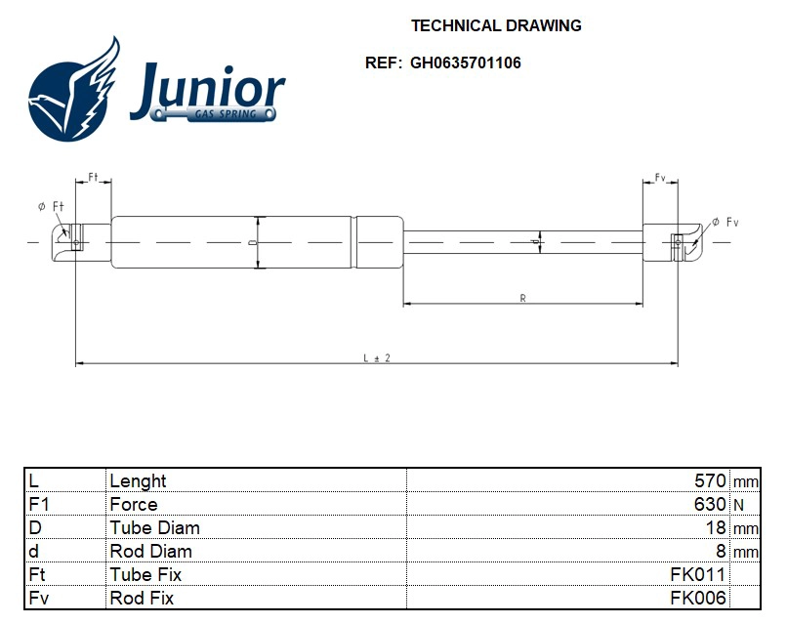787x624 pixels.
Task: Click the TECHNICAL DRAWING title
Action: point(496,26)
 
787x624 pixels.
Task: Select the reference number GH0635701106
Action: point(465,62)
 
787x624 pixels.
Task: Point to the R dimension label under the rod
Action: point(523,299)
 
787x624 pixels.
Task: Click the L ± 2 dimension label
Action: point(377,358)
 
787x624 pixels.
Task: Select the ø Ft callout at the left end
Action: point(50,206)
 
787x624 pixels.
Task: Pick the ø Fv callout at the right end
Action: point(725,223)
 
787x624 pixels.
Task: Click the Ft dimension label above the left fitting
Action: point(93,177)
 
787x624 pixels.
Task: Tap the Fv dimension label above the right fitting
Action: point(660,178)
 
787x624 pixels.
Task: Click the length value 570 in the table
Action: point(709,480)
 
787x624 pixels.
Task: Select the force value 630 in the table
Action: point(709,504)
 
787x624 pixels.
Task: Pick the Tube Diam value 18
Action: point(716,527)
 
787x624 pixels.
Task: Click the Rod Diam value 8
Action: point(722,551)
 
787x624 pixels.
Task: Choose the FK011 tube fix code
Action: point(697,574)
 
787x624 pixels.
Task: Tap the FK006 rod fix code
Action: point(697,598)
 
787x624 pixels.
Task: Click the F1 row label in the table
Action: point(39,504)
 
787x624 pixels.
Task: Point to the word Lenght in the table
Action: point(138,480)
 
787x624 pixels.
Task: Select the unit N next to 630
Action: point(738,505)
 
